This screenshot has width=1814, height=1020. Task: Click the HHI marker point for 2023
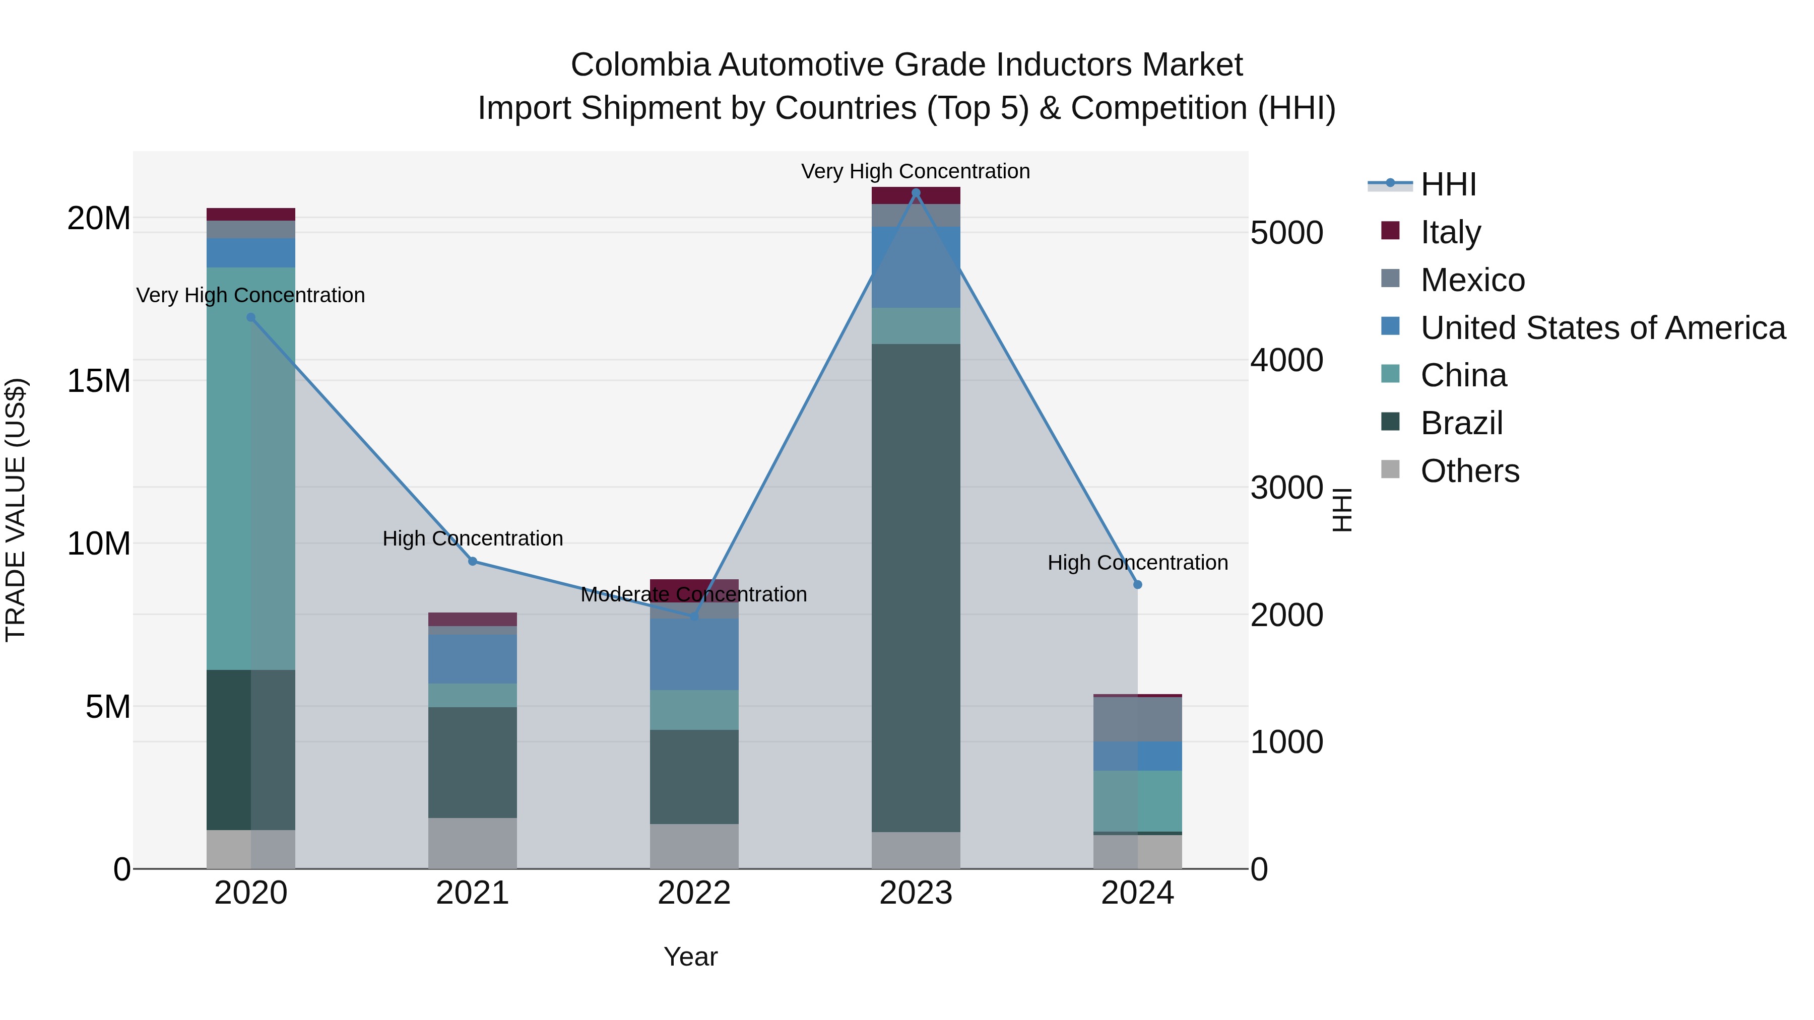916,193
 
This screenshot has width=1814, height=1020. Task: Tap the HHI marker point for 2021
473,561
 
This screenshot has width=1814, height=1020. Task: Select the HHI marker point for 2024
1137,584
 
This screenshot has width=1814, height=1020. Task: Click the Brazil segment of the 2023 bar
916,588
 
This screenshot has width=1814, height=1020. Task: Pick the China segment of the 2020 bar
251,468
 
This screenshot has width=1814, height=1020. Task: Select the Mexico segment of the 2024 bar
1137,719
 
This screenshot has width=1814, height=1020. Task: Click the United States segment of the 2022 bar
694,654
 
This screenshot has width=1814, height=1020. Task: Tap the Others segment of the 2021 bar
473,843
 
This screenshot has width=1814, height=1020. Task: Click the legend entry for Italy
1451,232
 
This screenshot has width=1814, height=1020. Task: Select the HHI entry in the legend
1448,184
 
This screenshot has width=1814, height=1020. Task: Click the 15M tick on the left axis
99,381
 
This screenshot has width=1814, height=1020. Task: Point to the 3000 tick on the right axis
1286,487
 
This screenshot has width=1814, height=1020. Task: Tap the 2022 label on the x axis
694,893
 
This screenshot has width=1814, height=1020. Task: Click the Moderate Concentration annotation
694,594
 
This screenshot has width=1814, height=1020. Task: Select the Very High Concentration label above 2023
916,171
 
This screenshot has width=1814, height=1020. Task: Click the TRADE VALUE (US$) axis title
16,510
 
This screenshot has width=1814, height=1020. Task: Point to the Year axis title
690,957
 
